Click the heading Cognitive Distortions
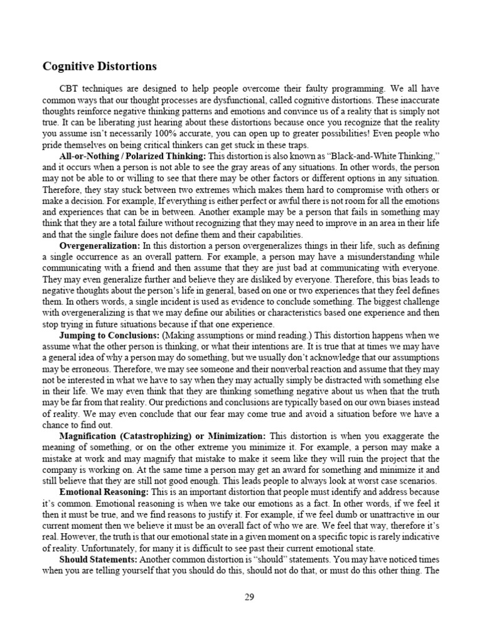(99, 66)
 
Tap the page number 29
(249, 597)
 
